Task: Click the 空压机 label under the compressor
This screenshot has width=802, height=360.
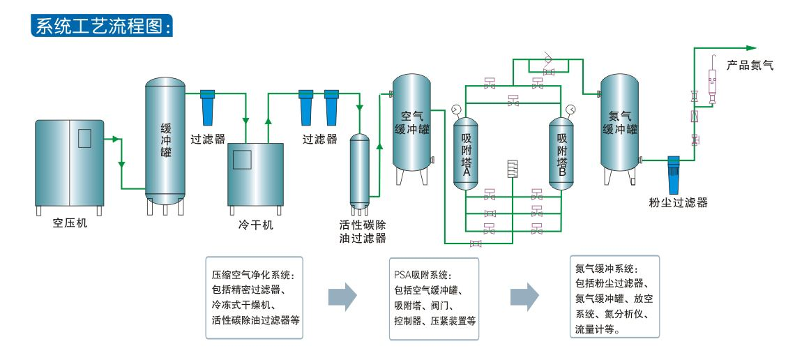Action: tap(70, 225)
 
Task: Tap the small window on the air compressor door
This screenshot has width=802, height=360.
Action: tap(85, 138)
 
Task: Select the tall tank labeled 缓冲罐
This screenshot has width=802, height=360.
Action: tap(165, 140)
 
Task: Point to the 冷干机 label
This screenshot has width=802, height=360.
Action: tap(255, 226)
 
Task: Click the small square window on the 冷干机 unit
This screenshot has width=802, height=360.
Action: tap(241, 160)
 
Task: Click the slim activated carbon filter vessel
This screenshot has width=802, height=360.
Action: tap(359, 170)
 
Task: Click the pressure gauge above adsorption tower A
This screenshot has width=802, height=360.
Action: tap(456, 110)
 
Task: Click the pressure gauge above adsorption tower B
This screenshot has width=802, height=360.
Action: tap(570, 109)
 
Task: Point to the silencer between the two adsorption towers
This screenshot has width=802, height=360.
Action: tap(513, 169)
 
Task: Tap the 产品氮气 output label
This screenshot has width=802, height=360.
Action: tap(750, 66)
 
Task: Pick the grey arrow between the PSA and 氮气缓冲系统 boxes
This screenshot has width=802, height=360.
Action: tap(524, 296)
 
